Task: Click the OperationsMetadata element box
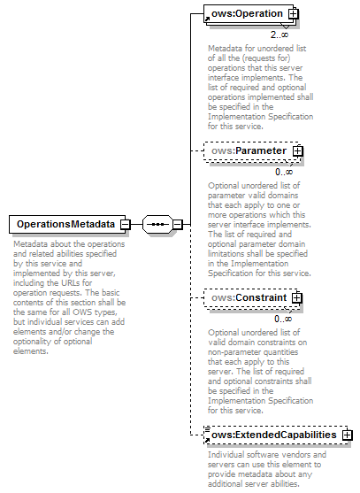point(64,225)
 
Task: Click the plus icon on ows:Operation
point(293,14)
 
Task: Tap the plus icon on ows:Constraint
point(296,298)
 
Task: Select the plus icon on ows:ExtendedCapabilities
point(347,435)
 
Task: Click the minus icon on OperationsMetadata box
point(126,225)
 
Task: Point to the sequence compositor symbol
point(157,225)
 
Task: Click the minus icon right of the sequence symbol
point(177,225)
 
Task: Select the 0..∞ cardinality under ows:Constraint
point(283,319)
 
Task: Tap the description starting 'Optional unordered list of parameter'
point(258,229)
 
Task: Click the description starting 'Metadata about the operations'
point(67,296)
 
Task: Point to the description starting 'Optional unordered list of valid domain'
point(258,372)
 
